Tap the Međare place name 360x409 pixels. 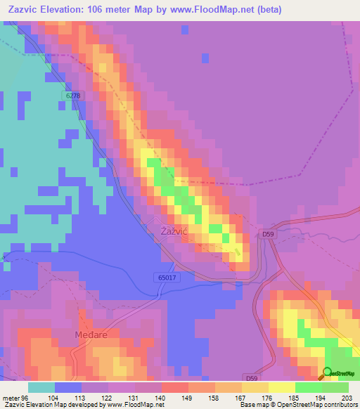pos(91,335)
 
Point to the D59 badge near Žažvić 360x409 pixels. pos(268,233)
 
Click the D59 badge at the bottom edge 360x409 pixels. pos(252,378)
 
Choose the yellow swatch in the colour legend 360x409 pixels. pos(281,387)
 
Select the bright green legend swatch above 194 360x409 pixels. pos(308,387)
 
